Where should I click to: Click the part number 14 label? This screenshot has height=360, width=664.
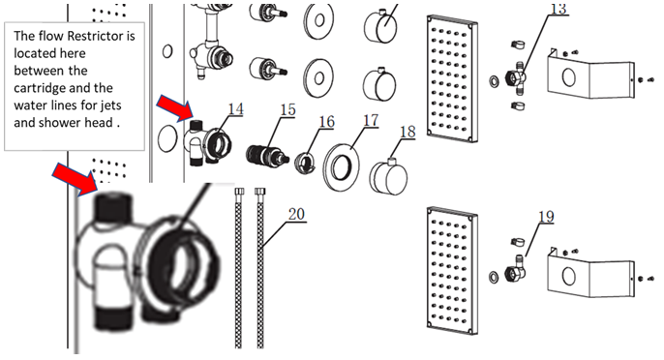[236, 108]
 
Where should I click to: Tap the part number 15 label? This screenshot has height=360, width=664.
[287, 109]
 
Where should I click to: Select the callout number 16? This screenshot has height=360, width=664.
[326, 122]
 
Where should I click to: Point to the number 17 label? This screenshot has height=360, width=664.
[371, 120]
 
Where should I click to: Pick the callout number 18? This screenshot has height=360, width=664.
[407, 132]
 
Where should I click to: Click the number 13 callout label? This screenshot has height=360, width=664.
[558, 9]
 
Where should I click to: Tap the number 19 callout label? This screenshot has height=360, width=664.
[546, 217]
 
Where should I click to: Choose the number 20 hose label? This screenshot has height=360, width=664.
[296, 214]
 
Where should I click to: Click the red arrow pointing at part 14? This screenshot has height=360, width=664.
[175, 108]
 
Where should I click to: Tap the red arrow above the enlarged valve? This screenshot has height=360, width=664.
[75, 178]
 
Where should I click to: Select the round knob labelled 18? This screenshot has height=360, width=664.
[388, 176]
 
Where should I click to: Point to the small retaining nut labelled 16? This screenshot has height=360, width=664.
[305, 163]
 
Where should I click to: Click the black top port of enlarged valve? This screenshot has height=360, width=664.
[112, 206]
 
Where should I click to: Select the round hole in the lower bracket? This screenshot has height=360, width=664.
[569, 277]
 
